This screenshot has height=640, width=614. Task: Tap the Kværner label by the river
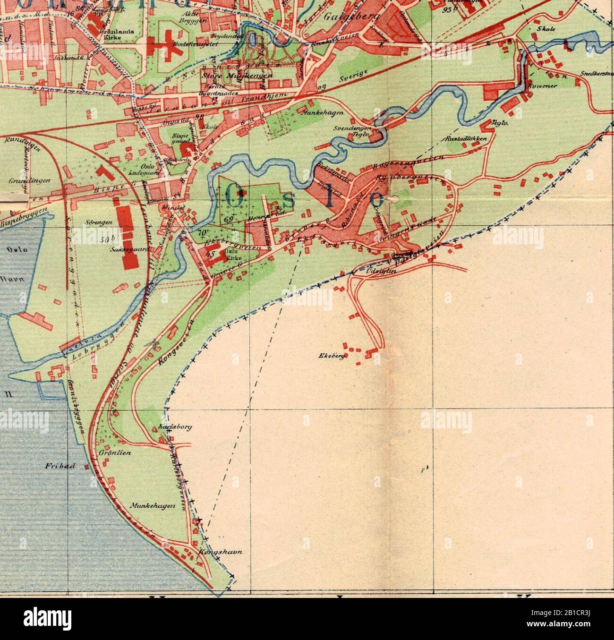tap(537, 86)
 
